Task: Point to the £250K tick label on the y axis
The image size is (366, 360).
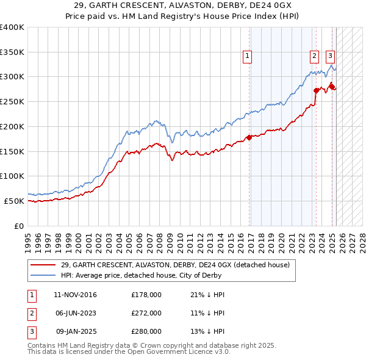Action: pos(12,101)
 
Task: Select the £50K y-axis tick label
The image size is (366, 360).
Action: pos(14,201)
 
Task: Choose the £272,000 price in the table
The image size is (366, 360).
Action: pos(146,313)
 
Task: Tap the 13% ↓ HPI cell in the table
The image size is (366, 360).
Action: pos(208,331)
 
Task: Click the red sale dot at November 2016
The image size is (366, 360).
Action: pos(249,137)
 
